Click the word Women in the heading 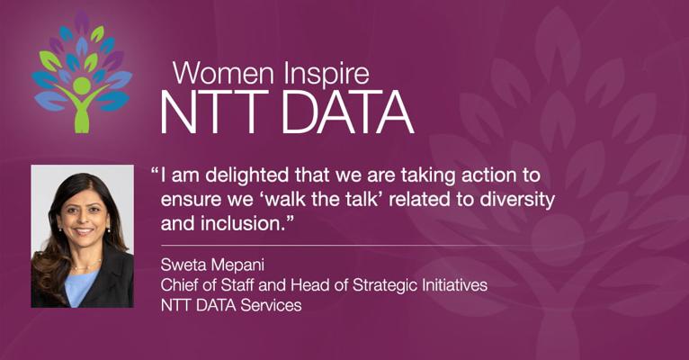[223, 73]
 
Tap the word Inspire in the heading [326, 75]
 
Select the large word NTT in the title [214, 112]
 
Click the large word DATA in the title [347, 112]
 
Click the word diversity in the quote [516, 200]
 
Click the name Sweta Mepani [212, 265]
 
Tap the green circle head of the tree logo [82, 85]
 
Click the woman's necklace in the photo [86, 265]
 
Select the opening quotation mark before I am [155, 170]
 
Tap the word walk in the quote [284, 200]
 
